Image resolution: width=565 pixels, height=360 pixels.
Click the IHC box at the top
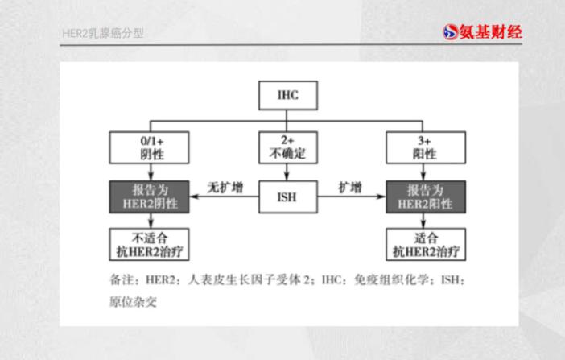[x=288, y=95]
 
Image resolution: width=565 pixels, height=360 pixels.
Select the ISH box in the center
[x=288, y=197]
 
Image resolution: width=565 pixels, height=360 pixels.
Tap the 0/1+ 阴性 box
[x=149, y=147]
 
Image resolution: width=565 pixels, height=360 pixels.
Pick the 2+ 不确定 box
[x=288, y=147]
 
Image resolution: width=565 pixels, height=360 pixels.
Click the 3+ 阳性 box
[x=426, y=147]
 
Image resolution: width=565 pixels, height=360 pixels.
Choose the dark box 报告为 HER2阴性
[x=149, y=197]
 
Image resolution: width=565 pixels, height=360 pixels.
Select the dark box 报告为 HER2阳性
[x=426, y=197]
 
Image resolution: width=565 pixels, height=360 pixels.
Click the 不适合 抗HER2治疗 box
[x=149, y=244]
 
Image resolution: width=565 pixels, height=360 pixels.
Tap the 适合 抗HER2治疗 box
[x=426, y=244]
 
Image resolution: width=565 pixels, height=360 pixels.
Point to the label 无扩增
[x=225, y=188]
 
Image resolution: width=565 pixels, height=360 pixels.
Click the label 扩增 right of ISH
[x=350, y=188]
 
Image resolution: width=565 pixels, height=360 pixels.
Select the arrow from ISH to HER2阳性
[x=352, y=197]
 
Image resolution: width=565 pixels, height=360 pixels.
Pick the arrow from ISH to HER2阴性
[x=224, y=197]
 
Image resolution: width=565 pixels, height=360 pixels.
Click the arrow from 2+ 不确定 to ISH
[x=287, y=172]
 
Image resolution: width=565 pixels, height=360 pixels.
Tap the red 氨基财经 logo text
[x=491, y=32]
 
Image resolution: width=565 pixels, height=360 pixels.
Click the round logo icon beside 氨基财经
[x=451, y=32]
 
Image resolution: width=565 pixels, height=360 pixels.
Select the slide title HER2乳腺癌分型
[x=103, y=34]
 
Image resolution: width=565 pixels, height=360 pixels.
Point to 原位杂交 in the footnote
[x=133, y=301]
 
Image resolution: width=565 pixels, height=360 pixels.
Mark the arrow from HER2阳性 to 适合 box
[x=423, y=221]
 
